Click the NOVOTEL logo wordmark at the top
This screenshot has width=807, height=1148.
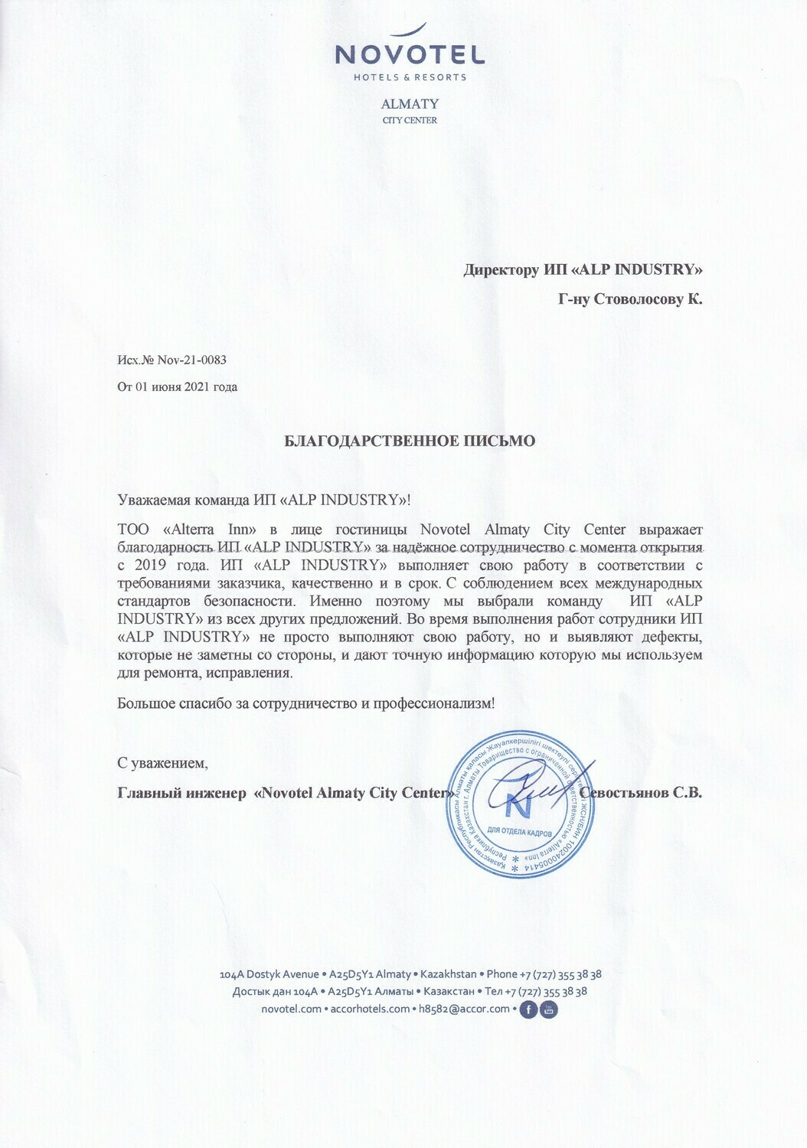click(x=410, y=54)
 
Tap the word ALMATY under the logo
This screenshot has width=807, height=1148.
click(x=410, y=103)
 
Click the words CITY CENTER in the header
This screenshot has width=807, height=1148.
click(x=410, y=120)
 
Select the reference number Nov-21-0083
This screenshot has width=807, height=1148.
click(x=192, y=360)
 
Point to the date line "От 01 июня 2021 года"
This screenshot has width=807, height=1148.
click(x=177, y=386)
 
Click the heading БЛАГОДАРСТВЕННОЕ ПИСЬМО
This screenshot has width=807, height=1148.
click(x=410, y=441)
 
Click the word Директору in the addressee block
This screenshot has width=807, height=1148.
click(x=501, y=269)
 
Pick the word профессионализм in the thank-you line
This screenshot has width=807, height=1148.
click(x=433, y=703)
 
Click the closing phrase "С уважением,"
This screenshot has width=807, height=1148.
click(x=162, y=763)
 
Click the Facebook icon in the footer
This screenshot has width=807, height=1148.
click(x=528, y=1009)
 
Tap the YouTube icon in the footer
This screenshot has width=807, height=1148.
click(x=549, y=1009)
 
